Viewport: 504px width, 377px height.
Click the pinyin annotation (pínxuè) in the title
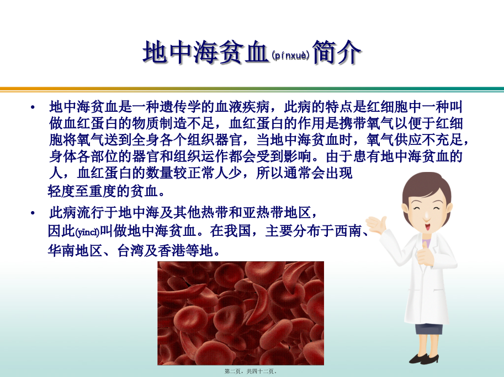[x=290, y=56]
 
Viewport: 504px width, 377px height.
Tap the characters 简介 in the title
[x=337, y=52]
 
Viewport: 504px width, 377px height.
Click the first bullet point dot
[x=33, y=107]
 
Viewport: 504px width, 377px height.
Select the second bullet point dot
[x=33, y=213]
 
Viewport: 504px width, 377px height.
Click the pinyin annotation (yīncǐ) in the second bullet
[x=87, y=232]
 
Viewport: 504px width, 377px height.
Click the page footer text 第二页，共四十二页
[x=251, y=371]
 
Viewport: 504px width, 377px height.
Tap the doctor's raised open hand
[x=376, y=224]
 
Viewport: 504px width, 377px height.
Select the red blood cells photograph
[x=241, y=313]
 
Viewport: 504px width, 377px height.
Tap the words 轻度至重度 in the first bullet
[x=82, y=192]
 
